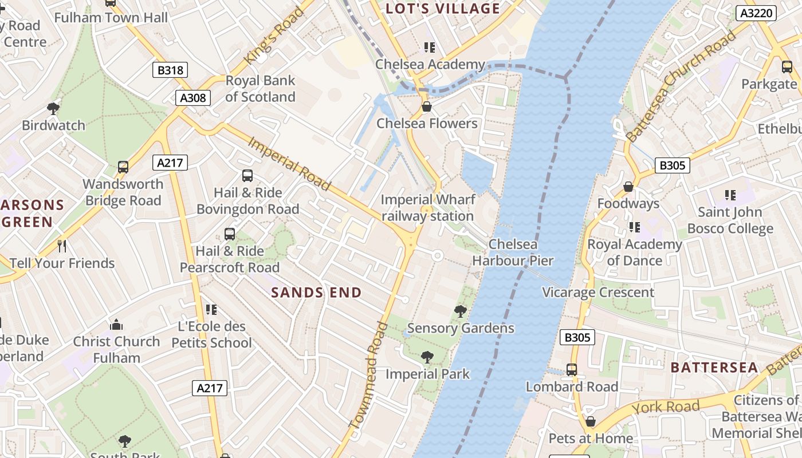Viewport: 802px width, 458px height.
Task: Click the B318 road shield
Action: (170, 70)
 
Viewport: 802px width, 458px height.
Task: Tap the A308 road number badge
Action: (193, 97)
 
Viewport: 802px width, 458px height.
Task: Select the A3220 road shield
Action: (755, 13)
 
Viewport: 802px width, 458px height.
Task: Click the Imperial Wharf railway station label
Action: (427, 208)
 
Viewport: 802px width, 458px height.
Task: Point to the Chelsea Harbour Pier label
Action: (513, 252)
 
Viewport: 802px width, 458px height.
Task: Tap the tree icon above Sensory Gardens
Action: (460, 311)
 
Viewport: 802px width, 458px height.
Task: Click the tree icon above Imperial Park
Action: (427, 357)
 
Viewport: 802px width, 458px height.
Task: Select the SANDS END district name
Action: (316, 293)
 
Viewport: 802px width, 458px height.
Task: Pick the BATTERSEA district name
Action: (714, 368)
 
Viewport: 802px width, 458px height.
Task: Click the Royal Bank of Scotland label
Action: (260, 89)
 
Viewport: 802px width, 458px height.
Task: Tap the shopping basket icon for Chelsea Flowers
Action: (426, 106)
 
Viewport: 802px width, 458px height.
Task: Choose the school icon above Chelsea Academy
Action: (429, 48)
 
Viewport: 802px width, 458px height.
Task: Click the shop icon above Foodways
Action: (628, 187)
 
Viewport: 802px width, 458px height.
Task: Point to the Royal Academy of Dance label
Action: (635, 252)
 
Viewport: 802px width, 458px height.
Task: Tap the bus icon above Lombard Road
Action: (571, 370)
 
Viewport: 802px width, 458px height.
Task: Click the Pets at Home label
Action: (591, 439)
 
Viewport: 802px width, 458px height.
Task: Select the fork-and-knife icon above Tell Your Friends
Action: (62, 246)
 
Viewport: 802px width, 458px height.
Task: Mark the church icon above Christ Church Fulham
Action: (116, 325)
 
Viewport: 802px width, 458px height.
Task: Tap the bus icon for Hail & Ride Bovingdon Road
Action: (247, 176)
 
